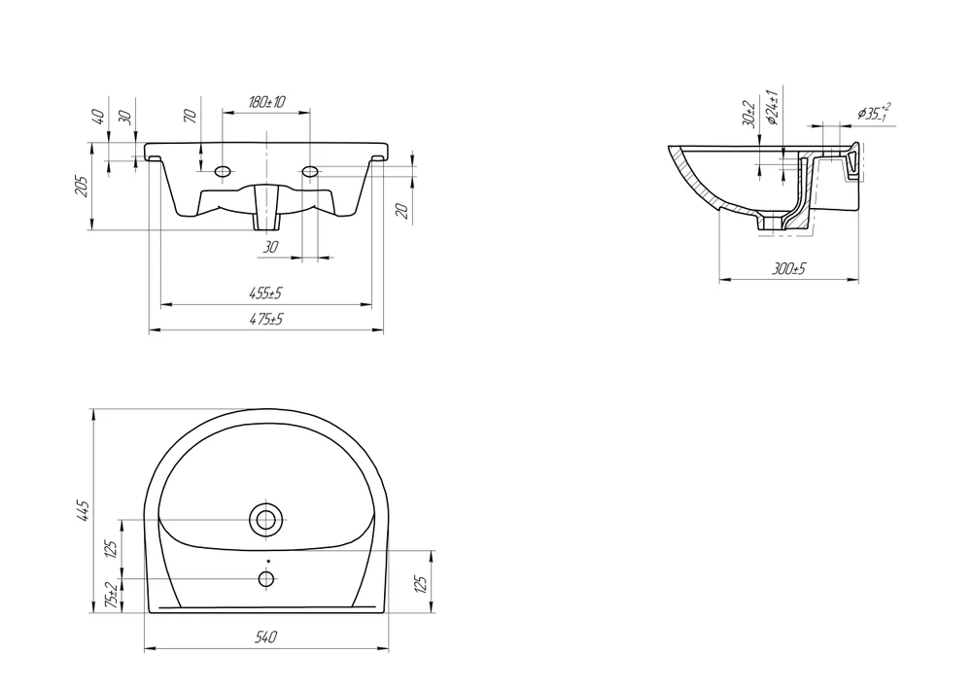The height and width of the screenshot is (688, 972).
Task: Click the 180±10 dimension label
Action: coord(266,102)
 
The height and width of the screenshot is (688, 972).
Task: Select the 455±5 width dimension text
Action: coord(266,292)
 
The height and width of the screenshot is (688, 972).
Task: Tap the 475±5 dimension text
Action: coord(266,319)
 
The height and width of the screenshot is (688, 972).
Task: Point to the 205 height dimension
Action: coord(82,187)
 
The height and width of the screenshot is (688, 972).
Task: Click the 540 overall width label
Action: coord(266,636)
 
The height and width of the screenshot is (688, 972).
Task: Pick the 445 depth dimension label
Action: coord(83,511)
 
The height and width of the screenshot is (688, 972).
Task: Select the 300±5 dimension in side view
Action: coord(788,269)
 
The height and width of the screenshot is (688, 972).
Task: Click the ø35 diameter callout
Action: coord(875,112)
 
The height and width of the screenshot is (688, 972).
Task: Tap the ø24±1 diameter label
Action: coord(772,108)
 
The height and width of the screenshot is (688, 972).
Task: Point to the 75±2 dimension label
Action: coord(112,595)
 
